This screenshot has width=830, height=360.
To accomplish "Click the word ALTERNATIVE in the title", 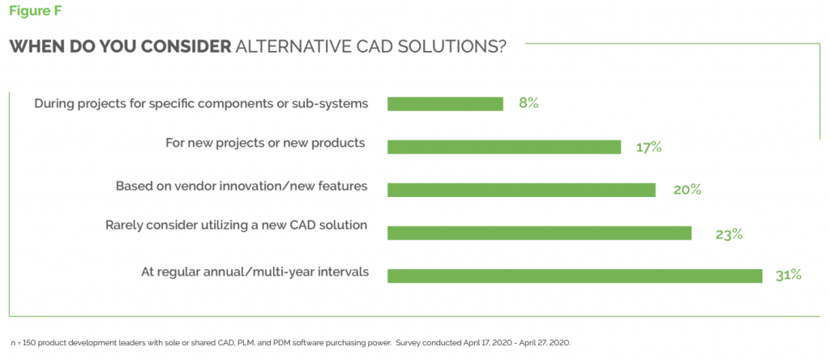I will (302, 46).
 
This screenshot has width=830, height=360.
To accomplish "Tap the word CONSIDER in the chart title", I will (183, 46).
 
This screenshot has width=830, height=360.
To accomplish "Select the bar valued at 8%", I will (445, 104).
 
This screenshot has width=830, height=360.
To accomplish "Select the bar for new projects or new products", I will (503, 147).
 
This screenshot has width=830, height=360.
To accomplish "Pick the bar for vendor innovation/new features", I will (521, 190).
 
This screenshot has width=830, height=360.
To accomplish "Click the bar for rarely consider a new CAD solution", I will (539, 234).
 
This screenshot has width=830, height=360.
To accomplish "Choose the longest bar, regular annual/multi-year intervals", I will (575, 276).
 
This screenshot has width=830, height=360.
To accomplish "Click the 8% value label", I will (528, 103).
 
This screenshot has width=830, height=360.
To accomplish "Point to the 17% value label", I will (649, 147).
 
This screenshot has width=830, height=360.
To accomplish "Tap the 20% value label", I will (687, 190).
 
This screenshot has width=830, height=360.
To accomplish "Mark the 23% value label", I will (729, 234).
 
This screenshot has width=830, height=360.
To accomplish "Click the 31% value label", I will (788, 275).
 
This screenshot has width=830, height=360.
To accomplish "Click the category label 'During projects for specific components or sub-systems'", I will (201, 103).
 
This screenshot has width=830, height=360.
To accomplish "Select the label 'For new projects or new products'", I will (265, 144).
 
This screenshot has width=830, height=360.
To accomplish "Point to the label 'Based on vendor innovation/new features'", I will (242, 186).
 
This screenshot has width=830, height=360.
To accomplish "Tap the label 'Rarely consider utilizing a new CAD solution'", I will (237, 225).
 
